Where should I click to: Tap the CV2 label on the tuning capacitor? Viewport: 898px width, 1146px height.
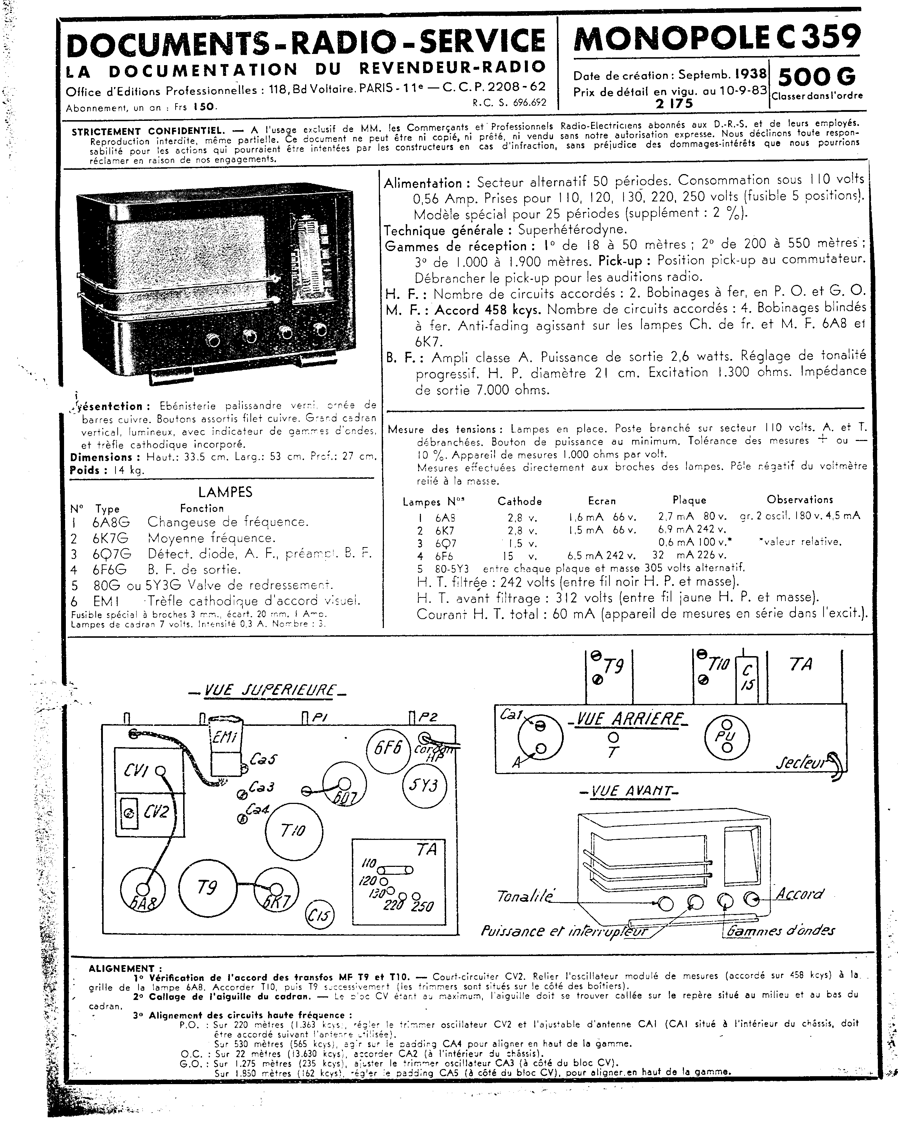point(156,813)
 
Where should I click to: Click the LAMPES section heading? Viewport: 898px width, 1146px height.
point(225,492)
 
